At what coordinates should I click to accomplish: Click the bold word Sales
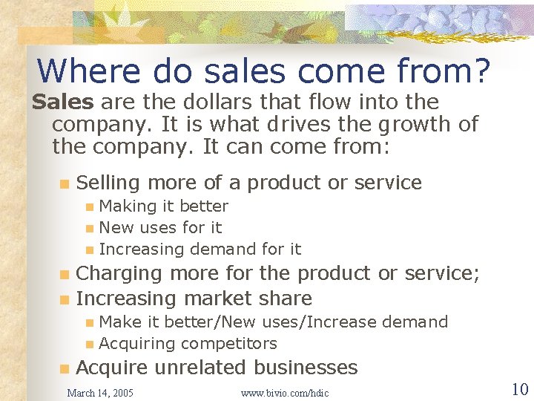click(x=63, y=102)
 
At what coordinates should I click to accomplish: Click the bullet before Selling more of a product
click(x=65, y=183)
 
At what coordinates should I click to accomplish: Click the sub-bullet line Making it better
click(x=163, y=206)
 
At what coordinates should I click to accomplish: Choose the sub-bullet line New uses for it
click(x=160, y=227)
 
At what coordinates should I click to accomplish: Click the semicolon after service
click(x=475, y=273)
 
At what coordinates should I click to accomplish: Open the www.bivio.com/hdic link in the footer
click(x=285, y=392)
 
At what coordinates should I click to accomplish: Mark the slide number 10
click(x=519, y=388)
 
